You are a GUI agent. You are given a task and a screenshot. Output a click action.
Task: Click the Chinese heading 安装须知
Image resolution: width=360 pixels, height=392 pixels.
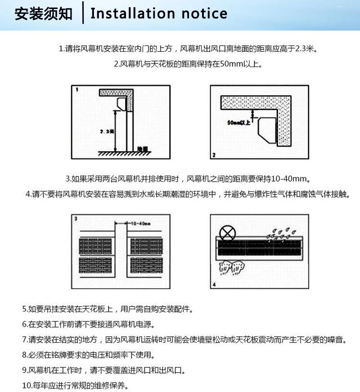(x=43, y=14)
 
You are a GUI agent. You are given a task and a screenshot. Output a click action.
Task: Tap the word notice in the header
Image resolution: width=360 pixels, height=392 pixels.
(x=204, y=13)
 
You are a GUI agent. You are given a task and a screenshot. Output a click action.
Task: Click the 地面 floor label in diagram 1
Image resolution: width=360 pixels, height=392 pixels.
(x=142, y=149)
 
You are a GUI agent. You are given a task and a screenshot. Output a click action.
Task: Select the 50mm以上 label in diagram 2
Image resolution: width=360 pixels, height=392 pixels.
(x=239, y=122)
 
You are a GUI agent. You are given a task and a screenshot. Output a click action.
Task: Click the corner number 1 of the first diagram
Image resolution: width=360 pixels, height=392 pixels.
(x=77, y=90)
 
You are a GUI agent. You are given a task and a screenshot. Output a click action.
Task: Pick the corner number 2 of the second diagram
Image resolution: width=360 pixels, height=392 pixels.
(x=214, y=155)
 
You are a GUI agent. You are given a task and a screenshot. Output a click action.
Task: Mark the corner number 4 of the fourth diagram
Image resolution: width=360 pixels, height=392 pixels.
(x=214, y=285)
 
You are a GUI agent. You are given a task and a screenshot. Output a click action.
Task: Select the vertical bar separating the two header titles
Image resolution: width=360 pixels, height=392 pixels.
(x=83, y=13)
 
